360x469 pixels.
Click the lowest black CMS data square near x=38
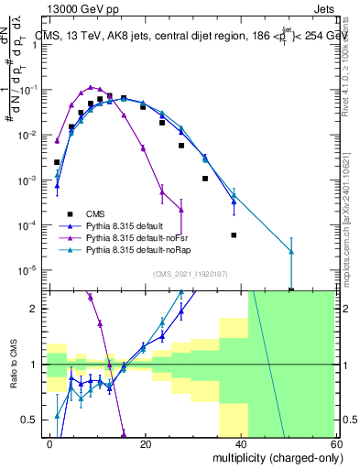click(234, 235)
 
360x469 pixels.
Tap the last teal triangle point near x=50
click(291, 251)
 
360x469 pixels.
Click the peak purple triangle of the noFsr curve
click(91, 87)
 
